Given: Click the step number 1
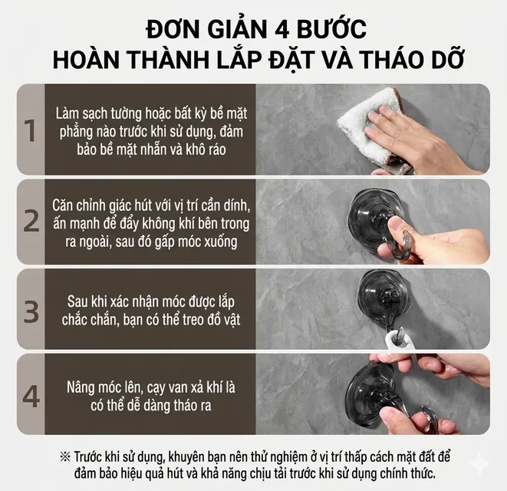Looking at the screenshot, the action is pos(31,130).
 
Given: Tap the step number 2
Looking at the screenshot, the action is pos(31,221).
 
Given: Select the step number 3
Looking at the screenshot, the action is pos(31,311).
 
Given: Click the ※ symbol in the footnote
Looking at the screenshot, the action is pos(65,457).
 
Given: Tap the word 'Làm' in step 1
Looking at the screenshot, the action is pos(66,114).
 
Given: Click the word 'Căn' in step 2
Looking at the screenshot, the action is pos(62,206).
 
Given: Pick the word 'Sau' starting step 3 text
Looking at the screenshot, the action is pos(77,302).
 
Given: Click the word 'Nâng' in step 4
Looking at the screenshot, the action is pos(80,388).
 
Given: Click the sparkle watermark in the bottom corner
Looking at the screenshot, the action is pos(484,463).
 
